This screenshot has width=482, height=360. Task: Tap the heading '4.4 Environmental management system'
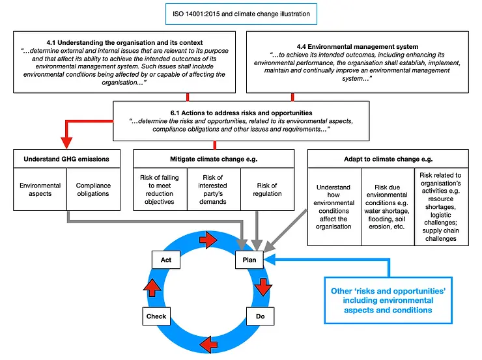(x=357, y=47)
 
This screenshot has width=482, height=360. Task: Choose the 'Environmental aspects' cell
(x=40, y=189)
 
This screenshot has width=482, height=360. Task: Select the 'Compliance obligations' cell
(x=93, y=189)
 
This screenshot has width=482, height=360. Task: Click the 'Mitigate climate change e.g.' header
(x=214, y=159)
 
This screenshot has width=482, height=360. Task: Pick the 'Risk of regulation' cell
(x=267, y=189)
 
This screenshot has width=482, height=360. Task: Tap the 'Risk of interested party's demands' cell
(x=214, y=189)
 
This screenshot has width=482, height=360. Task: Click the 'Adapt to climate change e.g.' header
(x=388, y=159)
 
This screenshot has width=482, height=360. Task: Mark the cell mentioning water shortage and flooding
(x=388, y=207)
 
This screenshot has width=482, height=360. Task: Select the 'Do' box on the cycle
(x=259, y=316)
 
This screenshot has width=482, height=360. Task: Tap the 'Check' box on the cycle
(x=156, y=316)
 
